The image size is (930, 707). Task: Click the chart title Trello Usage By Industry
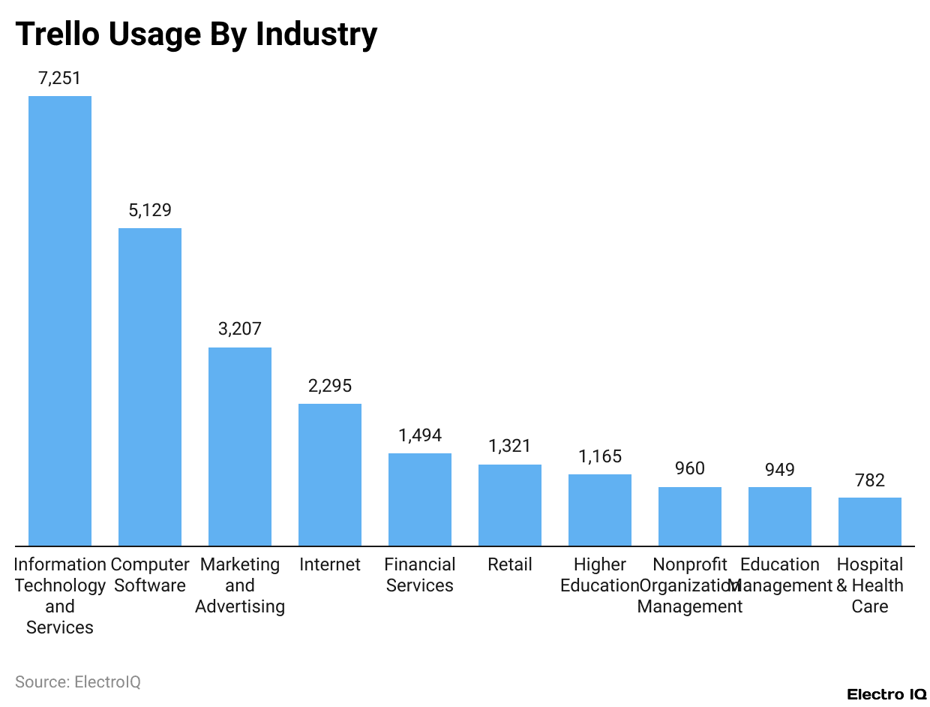pyautogui.click(x=196, y=35)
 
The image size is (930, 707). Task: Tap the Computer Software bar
pyautogui.click(x=150, y=387)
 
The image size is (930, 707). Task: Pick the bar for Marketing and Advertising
pyautogui.click(x=240, y=447)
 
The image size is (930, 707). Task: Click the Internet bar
pyautogui.click(x=330, y=474)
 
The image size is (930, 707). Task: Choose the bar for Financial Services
pyautogui.click(x=420, y=499)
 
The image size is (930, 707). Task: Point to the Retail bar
pyautogui.click(x=510, y=505)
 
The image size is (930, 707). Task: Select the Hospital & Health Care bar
pyautogui.click(x=870, y=522)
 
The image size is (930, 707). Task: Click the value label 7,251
pyautogui.click(x=60, y=78)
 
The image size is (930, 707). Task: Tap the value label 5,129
pyautogui.click(x=150, y=210)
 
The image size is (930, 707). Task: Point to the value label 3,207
pyautogui.click(x=240, y=329)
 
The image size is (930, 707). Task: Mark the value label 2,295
pyautogui.click(x=330, y=386)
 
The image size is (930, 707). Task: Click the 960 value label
pyautogui.click(x=690, y=469)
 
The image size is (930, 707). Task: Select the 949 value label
pyautogui.click(x=780, y=469)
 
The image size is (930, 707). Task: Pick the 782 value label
pyautogui.click(x=870, y=480)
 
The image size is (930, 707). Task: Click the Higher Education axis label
pyautogui.click(x=600, y=575)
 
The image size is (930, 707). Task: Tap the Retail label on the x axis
pyautogui.click(x=510, y=564)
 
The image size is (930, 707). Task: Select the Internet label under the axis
pyautogui.click(x=330, y=564)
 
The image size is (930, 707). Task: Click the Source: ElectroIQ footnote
pyautogui.click(x=78, y=681)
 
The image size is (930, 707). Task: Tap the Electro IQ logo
pyautogui.click(x=886, y=694)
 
